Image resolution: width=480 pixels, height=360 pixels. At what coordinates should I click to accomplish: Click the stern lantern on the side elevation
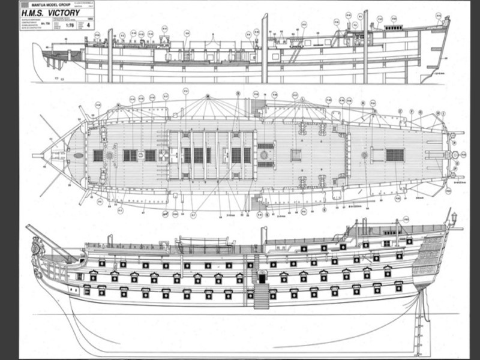(454, 217)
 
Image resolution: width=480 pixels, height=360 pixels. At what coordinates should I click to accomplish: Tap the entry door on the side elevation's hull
(262, 277)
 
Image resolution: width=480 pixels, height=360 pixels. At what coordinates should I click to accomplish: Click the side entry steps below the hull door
(261, 296)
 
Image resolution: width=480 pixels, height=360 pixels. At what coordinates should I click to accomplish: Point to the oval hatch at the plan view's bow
(79, 155)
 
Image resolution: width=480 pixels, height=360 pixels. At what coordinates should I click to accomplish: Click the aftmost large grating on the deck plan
(394, 155)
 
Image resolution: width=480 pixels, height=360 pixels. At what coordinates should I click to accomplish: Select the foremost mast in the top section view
(110, 55)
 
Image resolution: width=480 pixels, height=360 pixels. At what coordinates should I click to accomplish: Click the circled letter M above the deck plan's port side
(207, 97)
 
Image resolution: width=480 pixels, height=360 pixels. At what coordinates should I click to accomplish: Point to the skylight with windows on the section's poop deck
(394, 29)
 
